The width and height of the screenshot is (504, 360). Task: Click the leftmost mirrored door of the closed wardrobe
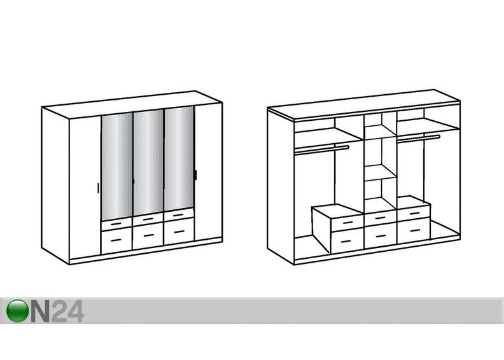(117, 167)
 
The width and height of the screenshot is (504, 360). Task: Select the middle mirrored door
(148, 163)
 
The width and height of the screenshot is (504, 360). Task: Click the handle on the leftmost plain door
(98, 188)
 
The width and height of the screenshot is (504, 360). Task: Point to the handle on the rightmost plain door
(195, 175)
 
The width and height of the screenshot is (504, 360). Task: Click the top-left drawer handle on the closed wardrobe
(116, 223)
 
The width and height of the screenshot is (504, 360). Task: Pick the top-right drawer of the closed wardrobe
(179, 215)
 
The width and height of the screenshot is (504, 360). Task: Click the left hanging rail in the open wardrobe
(322, 149)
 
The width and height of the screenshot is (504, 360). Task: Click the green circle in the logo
(17, 310)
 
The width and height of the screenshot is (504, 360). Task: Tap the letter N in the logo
(40, 310)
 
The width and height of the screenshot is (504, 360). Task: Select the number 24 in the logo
(67, 310)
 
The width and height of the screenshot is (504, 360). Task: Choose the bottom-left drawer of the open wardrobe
(347, 240)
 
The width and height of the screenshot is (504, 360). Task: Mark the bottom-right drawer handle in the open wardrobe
(414, 231)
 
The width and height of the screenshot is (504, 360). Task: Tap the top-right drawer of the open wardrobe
(414, 214)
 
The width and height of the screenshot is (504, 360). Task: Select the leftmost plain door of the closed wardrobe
(85, 187)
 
